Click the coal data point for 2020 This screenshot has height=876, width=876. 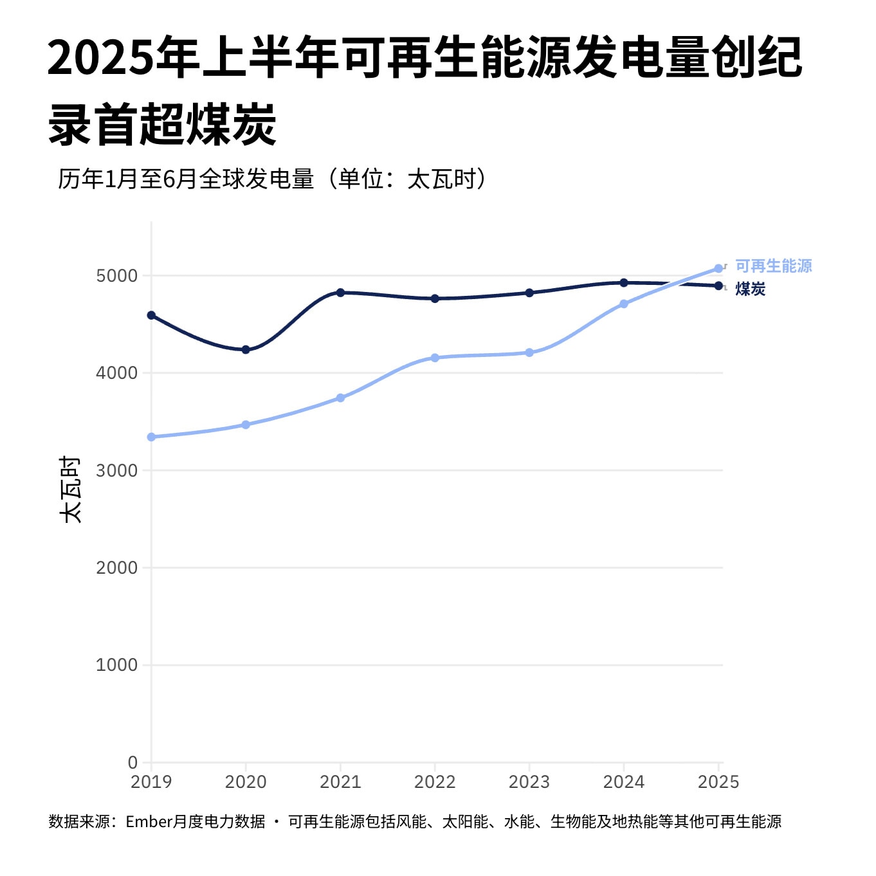click(x=246, y=350)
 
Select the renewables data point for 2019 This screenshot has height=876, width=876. click(x=151, y=437)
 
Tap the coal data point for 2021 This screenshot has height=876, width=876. click(x=340, y=293)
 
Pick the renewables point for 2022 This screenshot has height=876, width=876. click(x=435, y=358)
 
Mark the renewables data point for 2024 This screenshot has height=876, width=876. click(x=624, y=304)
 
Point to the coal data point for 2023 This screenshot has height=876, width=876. click(x=529, y=293)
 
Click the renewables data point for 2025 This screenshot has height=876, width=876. click(x=718, y=269)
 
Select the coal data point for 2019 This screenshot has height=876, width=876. click(x=151, y=315)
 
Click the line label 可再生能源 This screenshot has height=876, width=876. click(x=773, y=266)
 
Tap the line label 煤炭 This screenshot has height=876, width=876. click(x=751, y=289)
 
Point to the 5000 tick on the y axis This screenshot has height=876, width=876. click(x=117, y=276)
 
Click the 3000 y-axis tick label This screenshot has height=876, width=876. click(x=117, y=470)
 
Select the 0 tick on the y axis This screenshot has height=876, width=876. click(x=132, y=762)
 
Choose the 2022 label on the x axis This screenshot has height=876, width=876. click(x=435, y=782)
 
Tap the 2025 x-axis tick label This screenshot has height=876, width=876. click(x=718, y=782)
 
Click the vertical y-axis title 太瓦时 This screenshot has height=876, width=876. click(x=69, y=489)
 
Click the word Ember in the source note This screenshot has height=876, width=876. click(x=149, y=822)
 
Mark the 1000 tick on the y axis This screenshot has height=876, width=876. click(x=117, y=665)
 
